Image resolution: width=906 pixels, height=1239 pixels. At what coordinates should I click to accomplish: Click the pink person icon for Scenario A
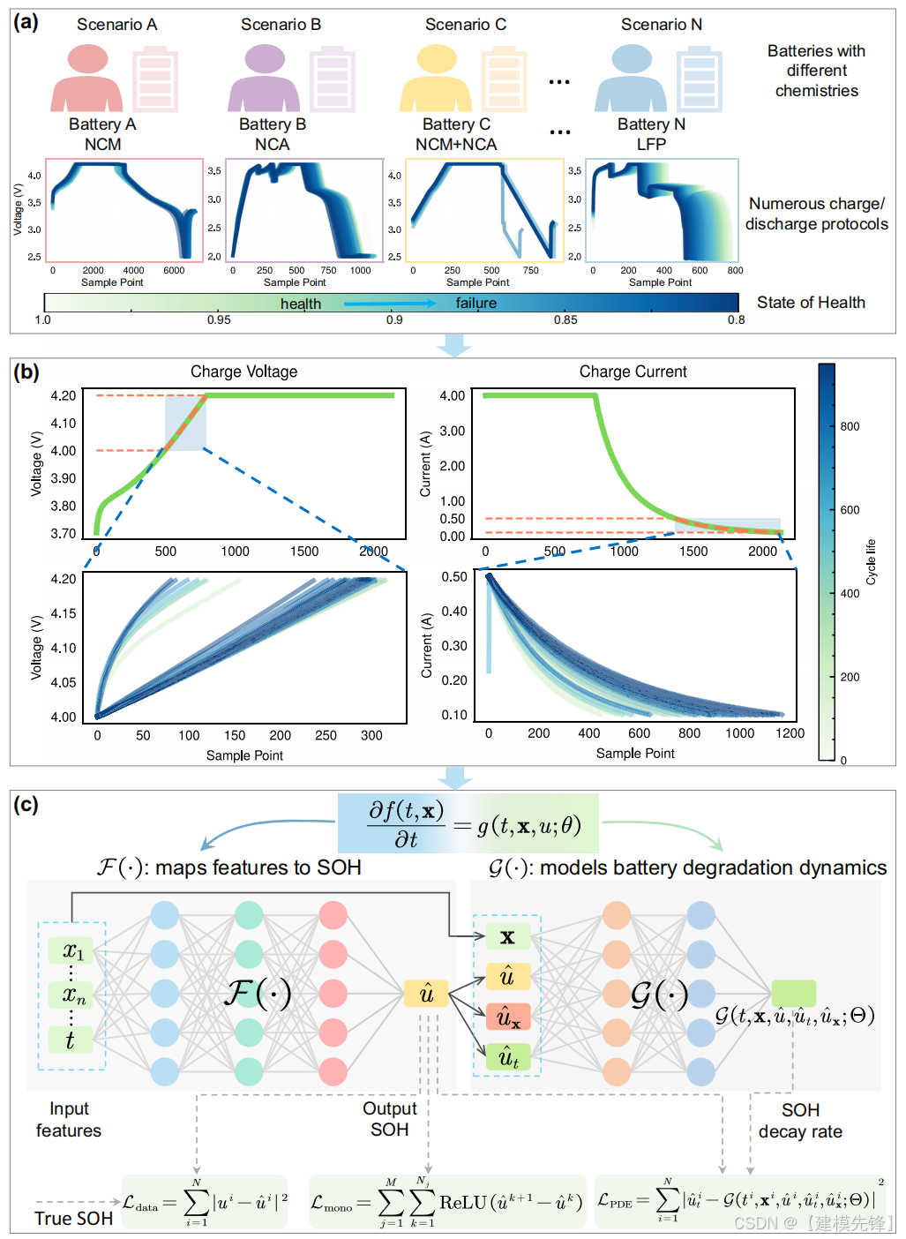(x=86, y=79)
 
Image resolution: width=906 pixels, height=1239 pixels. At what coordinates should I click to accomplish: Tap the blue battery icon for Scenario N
(x=700, y=81)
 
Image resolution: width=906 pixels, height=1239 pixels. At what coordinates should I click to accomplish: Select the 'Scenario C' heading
(x=466, y=25)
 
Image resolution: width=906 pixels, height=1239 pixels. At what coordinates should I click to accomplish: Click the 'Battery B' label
(x=273, y=124)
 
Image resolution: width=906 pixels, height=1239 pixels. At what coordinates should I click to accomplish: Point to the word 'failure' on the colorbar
(x=476, y=304)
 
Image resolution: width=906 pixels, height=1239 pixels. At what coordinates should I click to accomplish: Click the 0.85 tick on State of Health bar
(x=565, y=319)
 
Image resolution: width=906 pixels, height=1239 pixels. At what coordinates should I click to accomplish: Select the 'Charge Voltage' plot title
(x=243, y=372)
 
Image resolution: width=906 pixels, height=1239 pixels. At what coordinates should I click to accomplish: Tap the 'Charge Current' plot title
(x=633, y=372)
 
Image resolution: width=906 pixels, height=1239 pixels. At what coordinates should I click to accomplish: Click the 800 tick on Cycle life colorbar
(x=850, y=426)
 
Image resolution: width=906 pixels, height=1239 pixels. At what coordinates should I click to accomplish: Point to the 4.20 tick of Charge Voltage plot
(x=64, y=395)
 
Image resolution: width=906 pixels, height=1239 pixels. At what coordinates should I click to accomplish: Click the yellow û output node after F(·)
(x=426, y=994)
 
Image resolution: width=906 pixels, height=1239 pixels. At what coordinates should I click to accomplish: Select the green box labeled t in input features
(x=71, y=1040)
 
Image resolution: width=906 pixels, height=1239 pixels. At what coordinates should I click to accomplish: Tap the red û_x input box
(x=508, y=1017)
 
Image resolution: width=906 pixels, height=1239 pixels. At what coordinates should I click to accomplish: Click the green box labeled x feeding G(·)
(x=507, y=937)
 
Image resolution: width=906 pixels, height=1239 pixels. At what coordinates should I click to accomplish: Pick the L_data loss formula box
(x=205, y=1201)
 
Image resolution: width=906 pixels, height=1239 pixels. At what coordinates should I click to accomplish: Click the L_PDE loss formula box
(x=739, y=1201)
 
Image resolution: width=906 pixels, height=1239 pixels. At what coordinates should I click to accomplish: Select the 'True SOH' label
(x=74, y=1219)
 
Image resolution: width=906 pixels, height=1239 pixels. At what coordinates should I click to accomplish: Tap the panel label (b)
(x=26, y=372)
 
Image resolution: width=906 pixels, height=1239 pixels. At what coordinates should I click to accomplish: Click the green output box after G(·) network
(x=793, y=993)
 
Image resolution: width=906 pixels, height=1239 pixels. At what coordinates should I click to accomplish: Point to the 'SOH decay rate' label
(x=800, y=1121)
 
